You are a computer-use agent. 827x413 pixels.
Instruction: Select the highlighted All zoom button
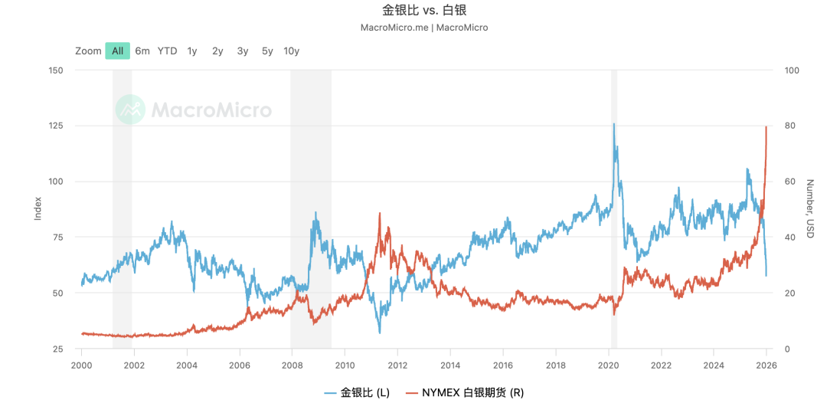(117, 51)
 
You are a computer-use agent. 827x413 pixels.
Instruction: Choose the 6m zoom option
(142, 51)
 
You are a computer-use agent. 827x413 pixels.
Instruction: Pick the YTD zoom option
(167, 51)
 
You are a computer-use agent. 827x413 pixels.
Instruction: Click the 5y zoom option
(267, 51)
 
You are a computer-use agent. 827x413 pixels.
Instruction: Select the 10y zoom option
(291, 51)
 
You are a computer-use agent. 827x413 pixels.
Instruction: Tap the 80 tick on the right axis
(792, 126)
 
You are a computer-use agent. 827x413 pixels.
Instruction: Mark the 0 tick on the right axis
(789, 349)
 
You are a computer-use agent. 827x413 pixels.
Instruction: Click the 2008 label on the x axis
(292, 365)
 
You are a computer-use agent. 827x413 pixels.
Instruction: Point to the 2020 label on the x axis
(608, 365)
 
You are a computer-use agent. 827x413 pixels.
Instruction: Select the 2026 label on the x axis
(766, 365)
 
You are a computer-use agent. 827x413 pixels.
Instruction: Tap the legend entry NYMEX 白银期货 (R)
(464, 393)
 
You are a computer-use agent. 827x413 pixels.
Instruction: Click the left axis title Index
(38, 208)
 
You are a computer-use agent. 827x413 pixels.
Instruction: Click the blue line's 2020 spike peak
(613, 124)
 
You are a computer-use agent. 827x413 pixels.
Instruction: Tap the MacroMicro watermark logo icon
(130, 110)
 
